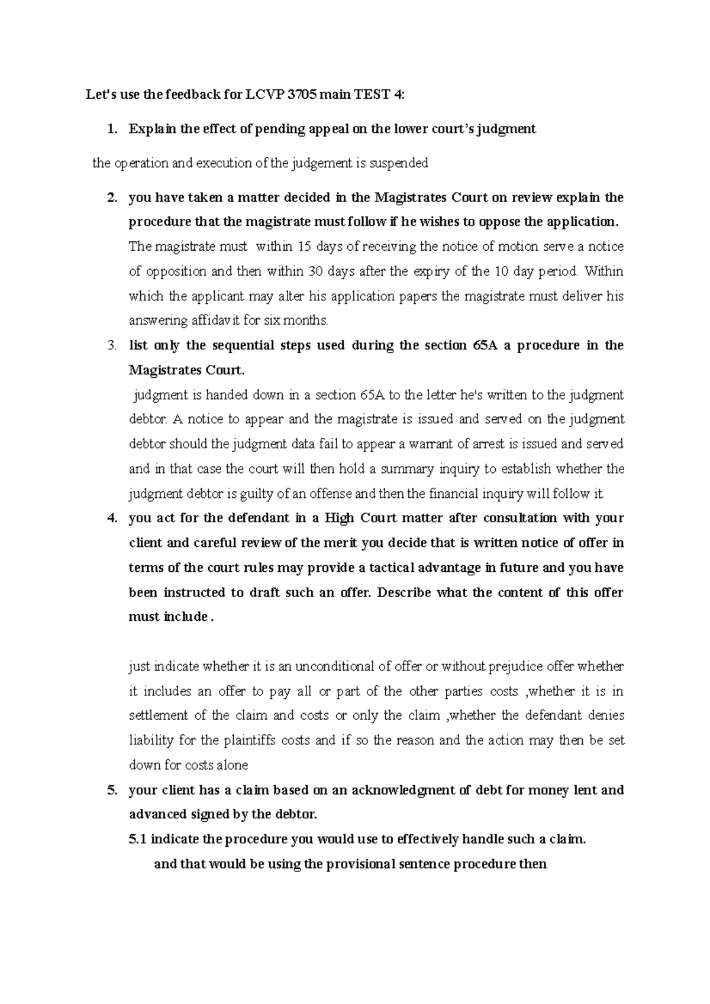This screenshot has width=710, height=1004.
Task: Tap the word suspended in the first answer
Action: coord(399,164)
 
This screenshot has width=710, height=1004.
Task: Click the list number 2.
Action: coord(111,198)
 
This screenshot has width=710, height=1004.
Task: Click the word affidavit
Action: coord(183,321)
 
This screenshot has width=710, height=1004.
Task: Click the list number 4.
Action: coord(111,519)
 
